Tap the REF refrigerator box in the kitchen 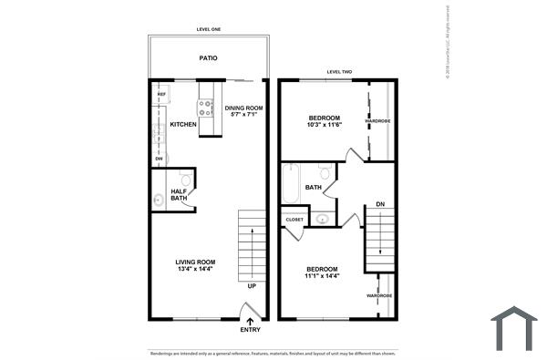click(x=161, y=95)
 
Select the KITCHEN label click(x=183, y=124)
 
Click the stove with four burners click(x=207, y=108)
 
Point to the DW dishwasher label click(x=159, y=159)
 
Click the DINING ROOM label click(x=243, y=108)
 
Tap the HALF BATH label click(x=179, y=194)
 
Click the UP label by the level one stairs click(x=251, y=286)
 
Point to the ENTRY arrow click(x=250, y=319)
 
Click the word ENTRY click(x=250, y=330)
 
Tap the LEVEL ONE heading click(x=209, y=30)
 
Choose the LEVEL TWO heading click(x=339, y=72)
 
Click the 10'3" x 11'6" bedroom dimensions click(x=324, y=127)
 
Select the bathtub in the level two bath click(x=290, y=186)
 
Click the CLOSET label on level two click(x=294, y=220)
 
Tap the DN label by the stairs click(x=379, y=204)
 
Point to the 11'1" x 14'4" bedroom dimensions click(x=324, y=275)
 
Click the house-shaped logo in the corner click(x=515, y=329)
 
